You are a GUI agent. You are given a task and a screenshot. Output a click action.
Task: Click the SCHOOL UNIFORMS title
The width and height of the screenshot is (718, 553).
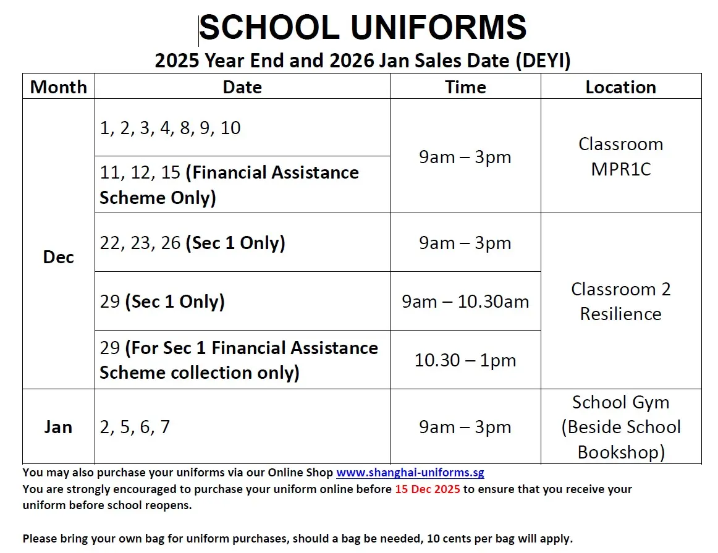363,28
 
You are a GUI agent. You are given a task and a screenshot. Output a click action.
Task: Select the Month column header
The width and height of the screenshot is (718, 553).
58,87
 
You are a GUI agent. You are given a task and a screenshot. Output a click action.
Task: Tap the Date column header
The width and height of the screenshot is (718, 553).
242,87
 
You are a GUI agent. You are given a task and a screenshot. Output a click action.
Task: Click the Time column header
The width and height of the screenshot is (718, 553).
465,87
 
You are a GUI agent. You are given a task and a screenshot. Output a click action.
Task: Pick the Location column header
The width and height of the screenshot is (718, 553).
620,87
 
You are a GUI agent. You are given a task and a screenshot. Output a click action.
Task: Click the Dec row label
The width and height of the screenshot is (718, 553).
58,257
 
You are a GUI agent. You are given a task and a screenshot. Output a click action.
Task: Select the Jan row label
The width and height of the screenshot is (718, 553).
58,427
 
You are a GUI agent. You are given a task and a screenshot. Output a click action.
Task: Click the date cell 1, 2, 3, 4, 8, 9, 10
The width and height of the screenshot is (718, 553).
171,128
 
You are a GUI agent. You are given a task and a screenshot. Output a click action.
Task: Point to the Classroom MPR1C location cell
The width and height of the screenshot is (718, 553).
620,156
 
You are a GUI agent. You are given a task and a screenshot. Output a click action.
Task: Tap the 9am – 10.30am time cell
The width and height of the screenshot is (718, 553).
465,302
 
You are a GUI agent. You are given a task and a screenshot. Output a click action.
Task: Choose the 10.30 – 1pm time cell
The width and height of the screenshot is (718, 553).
465,360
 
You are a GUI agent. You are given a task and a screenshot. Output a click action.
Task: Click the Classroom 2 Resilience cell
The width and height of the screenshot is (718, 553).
620,302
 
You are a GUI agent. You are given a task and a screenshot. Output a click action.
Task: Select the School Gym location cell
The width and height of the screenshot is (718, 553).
620,427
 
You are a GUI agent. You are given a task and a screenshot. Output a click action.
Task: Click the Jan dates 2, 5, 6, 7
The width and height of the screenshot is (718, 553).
135,427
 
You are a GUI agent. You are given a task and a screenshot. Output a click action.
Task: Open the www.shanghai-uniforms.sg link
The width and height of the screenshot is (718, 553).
410,473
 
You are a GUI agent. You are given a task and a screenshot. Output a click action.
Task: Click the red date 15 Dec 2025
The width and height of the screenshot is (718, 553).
426,489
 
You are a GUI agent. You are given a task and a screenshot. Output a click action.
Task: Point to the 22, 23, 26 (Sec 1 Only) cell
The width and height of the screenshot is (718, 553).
193,243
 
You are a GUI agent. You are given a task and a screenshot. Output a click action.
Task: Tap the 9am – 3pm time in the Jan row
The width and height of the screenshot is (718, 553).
465,427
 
